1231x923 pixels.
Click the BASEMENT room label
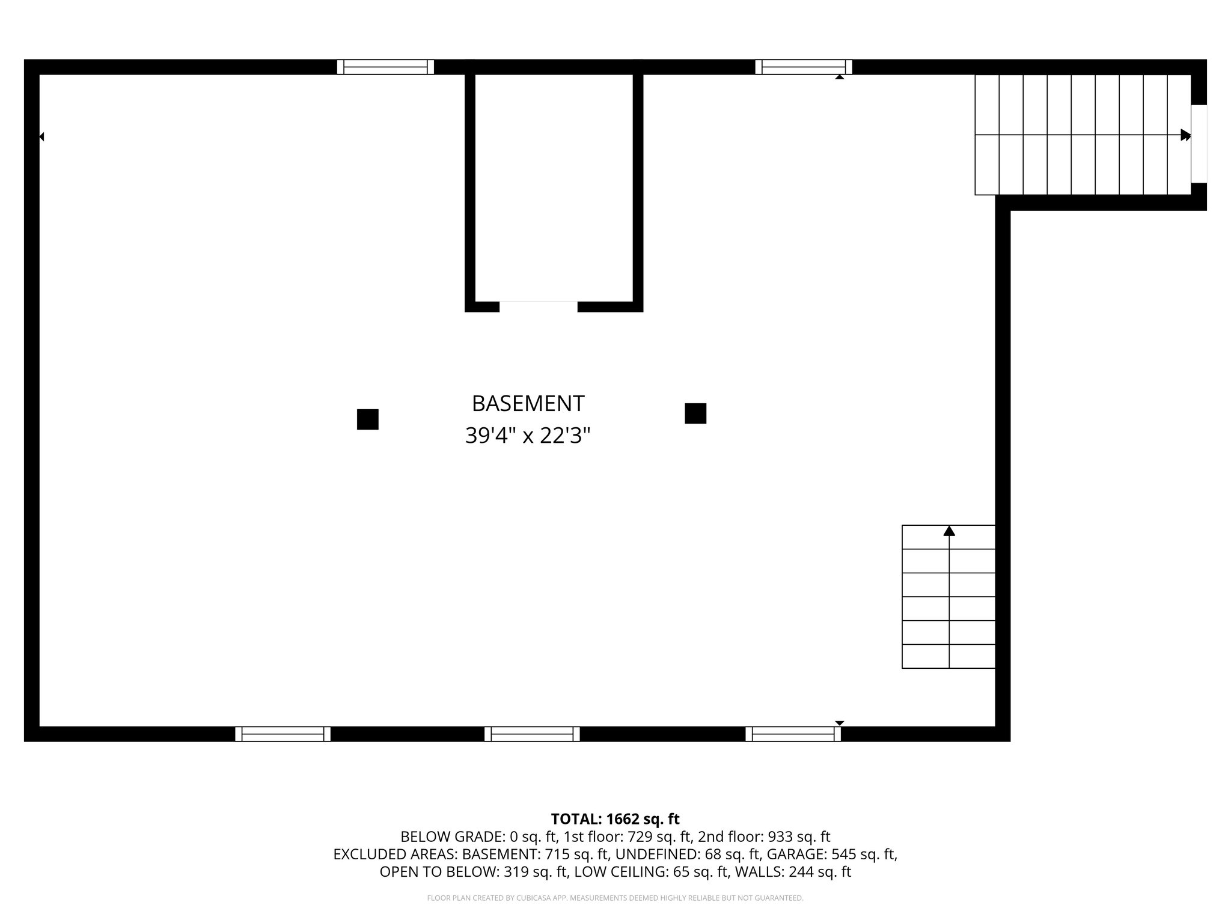pos(528,403)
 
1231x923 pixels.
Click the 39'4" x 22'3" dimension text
pos(528,436)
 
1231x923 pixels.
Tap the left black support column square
pos(368,419)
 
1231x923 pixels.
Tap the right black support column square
pos(695,413)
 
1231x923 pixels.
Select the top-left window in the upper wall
pos(385,67)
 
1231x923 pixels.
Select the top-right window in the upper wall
pos(804,67)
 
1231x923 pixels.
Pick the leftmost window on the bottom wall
pos(283,734)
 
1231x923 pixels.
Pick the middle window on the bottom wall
pos(532,734)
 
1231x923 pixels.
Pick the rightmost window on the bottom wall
pos(793,734)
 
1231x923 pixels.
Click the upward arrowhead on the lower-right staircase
pos(949,531)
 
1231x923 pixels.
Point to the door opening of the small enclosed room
pos(538,306)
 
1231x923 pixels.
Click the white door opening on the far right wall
pos(1199,144)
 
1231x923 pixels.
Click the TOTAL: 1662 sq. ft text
pos(615,819)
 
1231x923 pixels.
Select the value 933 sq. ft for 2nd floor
pos(799,836)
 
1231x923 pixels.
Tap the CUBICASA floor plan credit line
pos(615,898)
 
